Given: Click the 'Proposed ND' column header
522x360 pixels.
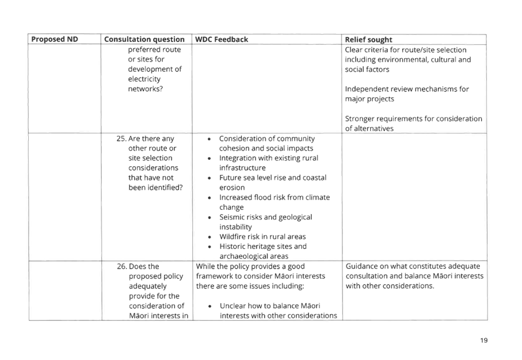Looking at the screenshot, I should tap(54, 39).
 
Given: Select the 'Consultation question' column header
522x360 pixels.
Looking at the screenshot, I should tap(144, 39).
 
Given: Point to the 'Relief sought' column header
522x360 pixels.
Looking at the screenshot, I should tap(368, 39).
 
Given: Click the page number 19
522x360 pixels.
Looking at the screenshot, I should tap(483, 341).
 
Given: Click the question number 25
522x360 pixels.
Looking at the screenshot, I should tap(121, 139).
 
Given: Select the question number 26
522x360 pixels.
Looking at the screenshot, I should tap(121, 266).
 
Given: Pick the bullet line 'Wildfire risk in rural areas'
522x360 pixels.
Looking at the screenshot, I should tap(262, 236).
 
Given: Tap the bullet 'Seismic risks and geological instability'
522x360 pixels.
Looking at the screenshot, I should tap(265, 222).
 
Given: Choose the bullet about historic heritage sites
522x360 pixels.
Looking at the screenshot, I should tap(262, 251).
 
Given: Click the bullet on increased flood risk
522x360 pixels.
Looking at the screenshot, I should tap(274, 202).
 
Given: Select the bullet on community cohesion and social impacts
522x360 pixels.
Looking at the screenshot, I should tap(266, 143).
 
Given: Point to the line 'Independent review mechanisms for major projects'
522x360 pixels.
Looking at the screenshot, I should tap(407, 94).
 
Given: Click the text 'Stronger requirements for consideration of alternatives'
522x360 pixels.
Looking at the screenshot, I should tap(413, 123).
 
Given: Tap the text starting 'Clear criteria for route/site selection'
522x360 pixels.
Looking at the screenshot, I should tap(407, 59).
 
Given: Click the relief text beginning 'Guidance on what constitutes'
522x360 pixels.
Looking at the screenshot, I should tap(414, 276).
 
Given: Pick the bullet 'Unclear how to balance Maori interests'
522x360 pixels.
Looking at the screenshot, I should tap(277, 310).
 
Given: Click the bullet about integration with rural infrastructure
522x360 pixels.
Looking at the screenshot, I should tap(268, 162).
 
